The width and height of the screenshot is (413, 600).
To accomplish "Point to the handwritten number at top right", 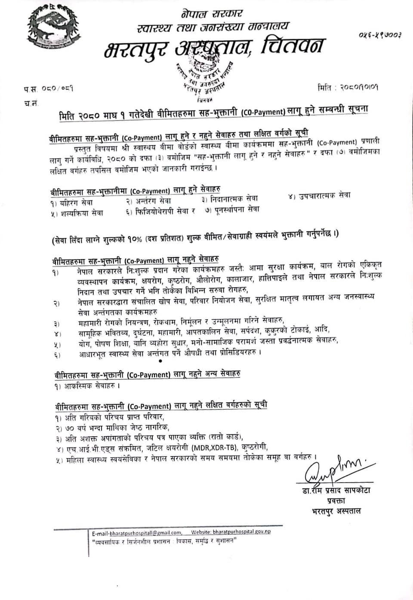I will pos(379,35).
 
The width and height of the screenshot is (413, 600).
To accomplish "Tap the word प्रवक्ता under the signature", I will pos(336,501).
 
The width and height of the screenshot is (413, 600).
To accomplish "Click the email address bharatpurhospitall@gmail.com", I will pos(137,533).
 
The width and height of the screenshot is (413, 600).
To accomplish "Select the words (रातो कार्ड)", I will pos(225,437).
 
